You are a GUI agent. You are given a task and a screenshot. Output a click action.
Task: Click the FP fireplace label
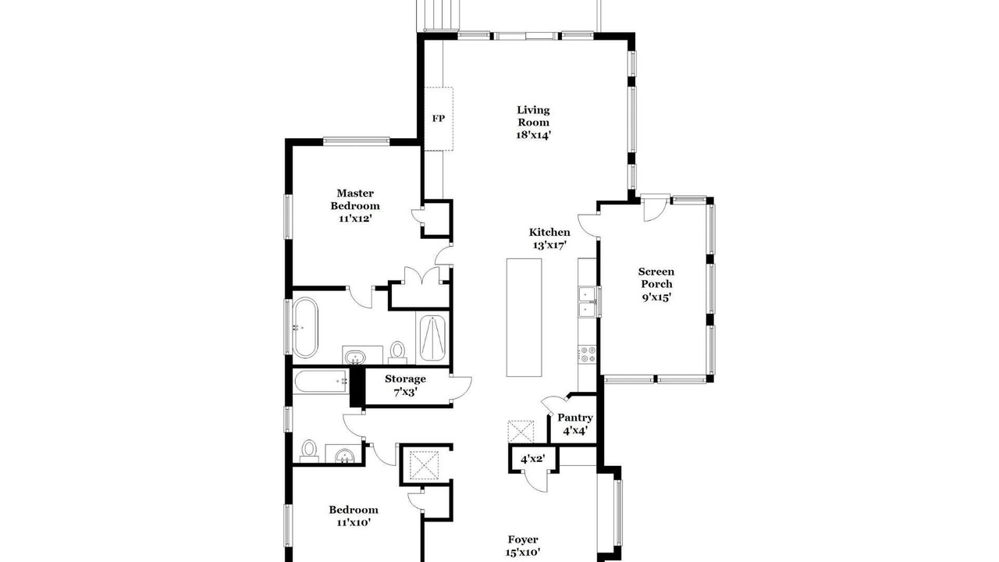coord(438,119)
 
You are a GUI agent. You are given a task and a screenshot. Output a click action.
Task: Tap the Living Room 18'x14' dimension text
coord(533,135)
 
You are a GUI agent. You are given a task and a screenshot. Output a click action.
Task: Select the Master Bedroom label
coord(355,199)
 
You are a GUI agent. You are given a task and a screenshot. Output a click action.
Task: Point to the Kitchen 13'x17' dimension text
coord(549,245)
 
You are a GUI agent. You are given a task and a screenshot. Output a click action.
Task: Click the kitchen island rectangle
coord(524,318)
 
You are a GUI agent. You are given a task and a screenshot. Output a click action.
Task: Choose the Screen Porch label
coord(656,277)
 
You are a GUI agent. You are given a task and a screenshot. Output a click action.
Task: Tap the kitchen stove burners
coord(587,354)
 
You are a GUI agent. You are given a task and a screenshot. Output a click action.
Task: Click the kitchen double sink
coord(588,302)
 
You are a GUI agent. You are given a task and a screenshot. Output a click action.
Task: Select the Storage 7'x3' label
coord(405,386)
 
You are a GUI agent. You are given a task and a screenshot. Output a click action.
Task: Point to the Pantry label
coord(575,418)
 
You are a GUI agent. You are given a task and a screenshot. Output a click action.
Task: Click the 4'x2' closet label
coord(533,458)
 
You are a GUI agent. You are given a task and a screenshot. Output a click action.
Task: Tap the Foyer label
coord(523,539)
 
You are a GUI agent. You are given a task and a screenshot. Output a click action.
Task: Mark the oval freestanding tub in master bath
coord(305,327)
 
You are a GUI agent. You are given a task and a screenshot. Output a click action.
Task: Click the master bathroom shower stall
coord(432,338)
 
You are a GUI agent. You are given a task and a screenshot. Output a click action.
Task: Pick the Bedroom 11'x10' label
coord(354,516)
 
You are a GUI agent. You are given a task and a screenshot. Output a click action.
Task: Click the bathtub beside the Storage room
coord(321,382)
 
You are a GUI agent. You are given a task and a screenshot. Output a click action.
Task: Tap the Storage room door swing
coord(460,389)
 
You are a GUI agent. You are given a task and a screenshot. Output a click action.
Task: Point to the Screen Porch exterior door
coord(656,208)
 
